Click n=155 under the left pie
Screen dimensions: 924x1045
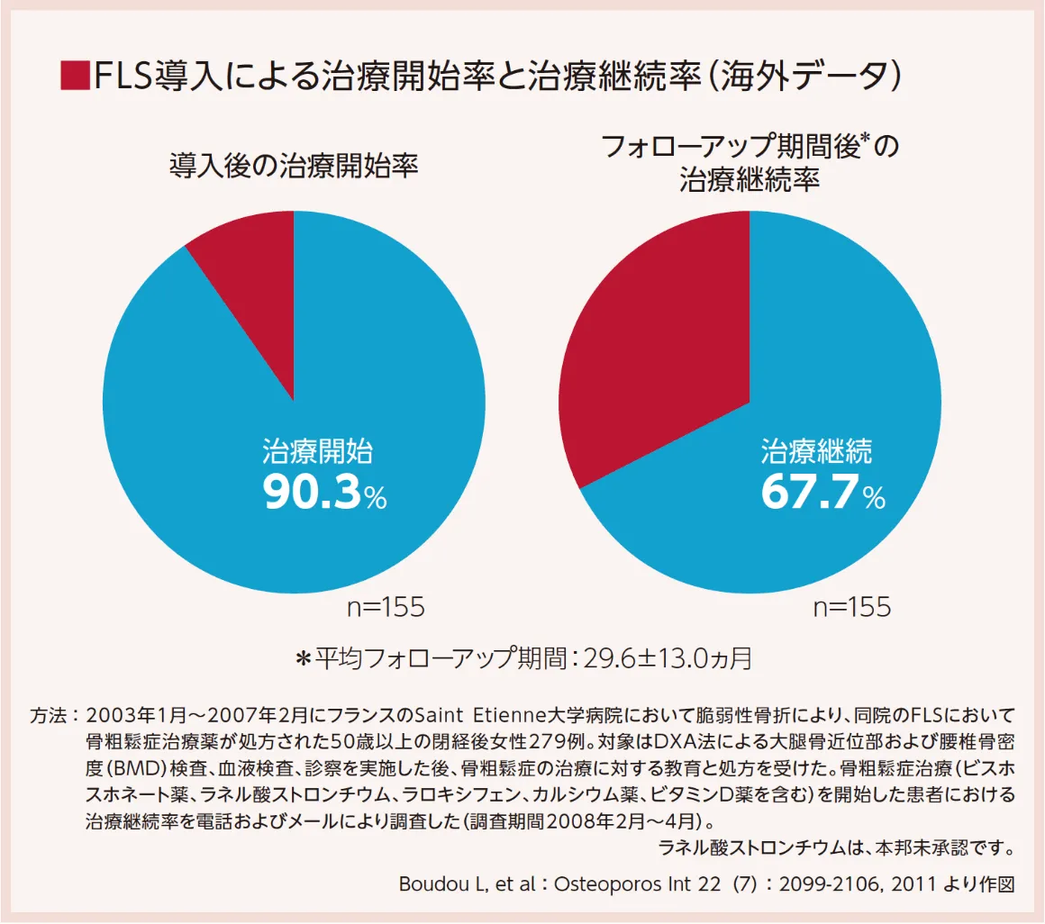(x=386, y=608)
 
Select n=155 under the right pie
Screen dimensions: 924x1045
(x=852, y=608)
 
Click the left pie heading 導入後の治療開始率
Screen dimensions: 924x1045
(x=294, y=167)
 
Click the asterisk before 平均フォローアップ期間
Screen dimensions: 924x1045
(x=304, y=659)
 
